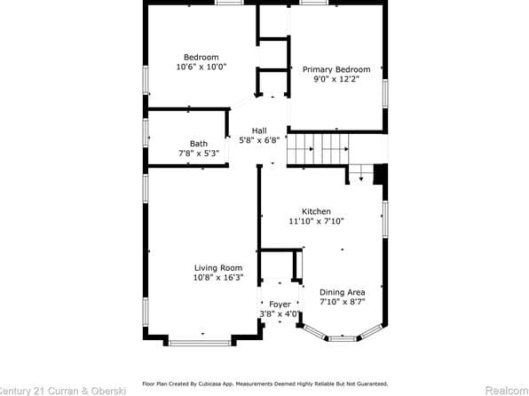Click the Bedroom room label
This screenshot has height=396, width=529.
pos(201,58)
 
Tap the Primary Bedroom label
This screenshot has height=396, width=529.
pos(336,69)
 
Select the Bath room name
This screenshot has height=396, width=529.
pos(199,144)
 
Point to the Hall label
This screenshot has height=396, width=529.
pos(259,131)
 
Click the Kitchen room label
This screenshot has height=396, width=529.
pos(316,211)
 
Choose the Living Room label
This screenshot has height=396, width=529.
pos(218,267)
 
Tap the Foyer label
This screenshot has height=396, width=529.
pos(280,305)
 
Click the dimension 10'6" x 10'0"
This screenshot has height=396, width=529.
pos(201,67)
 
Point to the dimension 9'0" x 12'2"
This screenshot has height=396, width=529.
pos(336,79)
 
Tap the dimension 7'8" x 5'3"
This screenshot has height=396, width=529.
pos(199,154)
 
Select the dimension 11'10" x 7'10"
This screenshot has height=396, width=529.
pos(316,221)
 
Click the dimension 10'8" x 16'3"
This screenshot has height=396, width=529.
pos(218,277)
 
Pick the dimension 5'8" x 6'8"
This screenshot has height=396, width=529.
pos(259,140)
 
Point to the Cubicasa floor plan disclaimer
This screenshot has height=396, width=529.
pos(264,384)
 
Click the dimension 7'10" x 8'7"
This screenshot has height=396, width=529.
pos(343,302)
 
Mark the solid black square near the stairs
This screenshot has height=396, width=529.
pos(380,174)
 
